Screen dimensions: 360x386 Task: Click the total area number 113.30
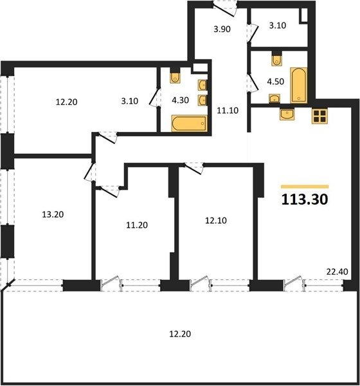(x=305, y=199)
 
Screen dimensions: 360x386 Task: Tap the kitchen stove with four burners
(x=319, y=116)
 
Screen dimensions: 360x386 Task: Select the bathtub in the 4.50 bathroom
(x=299, y=85)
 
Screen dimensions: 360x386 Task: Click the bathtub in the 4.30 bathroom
(x=189, y=124)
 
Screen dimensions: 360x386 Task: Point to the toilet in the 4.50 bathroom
(x=276, y=59)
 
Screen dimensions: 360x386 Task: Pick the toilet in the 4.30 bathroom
(x=175, y=77)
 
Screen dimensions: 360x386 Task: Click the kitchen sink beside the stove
(x=287, y=115)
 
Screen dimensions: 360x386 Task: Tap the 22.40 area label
(x=337, y=271)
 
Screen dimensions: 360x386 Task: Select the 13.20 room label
(x=53, y=214)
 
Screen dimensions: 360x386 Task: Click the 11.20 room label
(x=137, y=225)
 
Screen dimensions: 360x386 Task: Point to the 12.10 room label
(x=216, y=221)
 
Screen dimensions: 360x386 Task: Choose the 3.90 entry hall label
(x=222, y=29)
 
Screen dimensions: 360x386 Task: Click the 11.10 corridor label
(x=228, y=111)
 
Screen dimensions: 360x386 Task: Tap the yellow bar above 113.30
(x=305, y=187)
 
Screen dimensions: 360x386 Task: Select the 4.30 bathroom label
(x=181, y=100)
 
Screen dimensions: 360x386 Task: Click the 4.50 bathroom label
(x=276, y=82)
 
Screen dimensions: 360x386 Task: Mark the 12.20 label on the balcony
(x=180, y=334)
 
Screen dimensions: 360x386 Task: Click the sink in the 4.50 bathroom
(x=274, y=98)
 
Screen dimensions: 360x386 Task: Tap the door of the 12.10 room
(x=194, y=169)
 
